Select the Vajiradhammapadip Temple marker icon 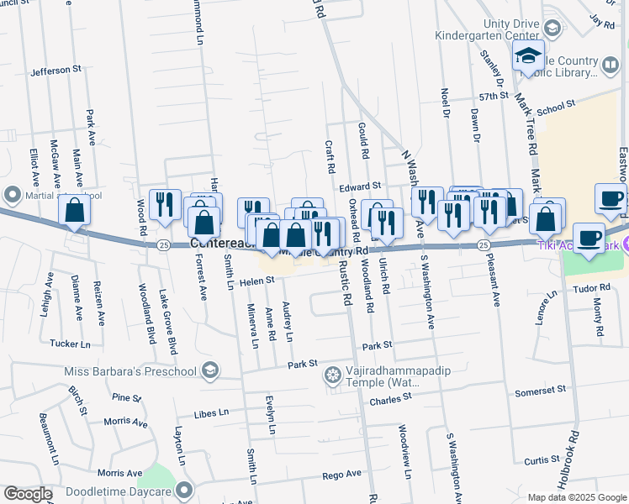[x=334, y=375]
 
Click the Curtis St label [x=542, y=460]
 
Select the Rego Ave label [x=341, y=475]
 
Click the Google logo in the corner [x=27, y=493]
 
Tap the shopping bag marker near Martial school [x=75, y=211]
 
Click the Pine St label [x=126, y=397]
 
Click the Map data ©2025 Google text [x=576, y=497]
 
